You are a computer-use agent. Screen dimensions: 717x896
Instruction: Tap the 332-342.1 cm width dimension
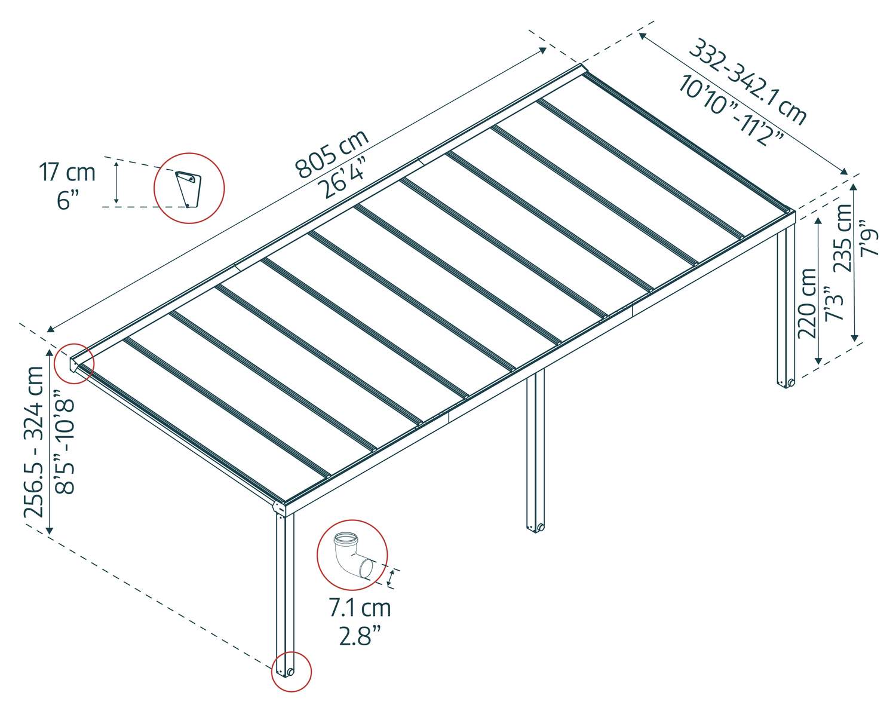point(747,82)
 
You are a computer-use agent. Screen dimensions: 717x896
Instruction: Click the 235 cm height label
point(843,238)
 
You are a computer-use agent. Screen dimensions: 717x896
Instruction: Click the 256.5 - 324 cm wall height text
point(34,442)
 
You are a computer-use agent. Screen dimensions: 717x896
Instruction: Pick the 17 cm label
point(67,172)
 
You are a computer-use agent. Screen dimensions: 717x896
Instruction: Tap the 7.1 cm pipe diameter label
point(360,608)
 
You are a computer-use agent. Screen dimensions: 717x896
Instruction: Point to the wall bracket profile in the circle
point(188,188)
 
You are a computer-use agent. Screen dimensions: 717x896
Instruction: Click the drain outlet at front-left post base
point(290,672)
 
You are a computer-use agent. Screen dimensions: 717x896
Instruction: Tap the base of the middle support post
point(536,527)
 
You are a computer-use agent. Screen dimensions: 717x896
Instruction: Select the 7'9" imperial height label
point(869,238)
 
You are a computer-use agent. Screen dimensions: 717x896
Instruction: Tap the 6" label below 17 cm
point(67,200)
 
